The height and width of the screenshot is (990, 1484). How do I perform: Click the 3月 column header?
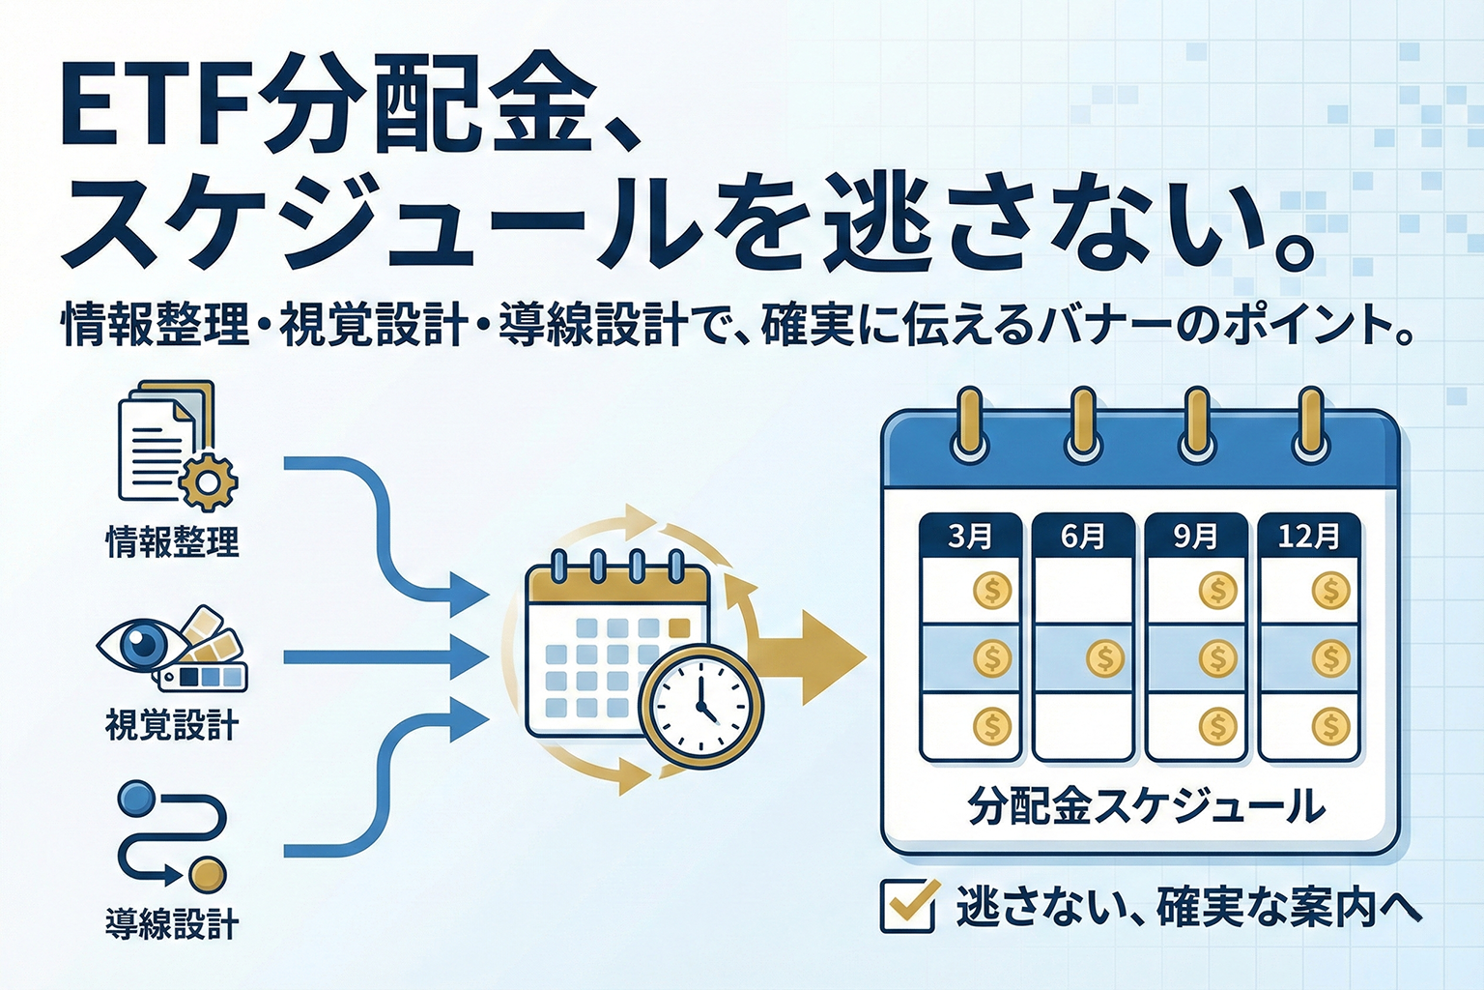pos(969,536)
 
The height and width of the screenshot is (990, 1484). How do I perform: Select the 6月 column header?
pos(1082,536)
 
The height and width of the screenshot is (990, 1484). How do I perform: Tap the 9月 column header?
pos(1195,536)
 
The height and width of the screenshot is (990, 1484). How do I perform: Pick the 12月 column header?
pos(1309,536)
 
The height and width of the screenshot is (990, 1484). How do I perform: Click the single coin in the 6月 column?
pos(1104,659)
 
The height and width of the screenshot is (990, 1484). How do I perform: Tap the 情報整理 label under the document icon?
pos(172,541)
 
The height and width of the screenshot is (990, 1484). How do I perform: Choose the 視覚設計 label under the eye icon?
pos(172,724)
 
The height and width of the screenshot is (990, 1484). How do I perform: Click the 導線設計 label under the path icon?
pos(172,923)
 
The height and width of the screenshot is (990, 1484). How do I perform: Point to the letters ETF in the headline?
pos(155,108)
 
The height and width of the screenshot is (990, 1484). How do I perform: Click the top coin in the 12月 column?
pos(1331,590)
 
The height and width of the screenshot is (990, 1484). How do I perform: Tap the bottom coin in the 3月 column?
pos(991,725)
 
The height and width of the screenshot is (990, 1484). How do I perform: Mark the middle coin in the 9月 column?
pos(1217,659)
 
